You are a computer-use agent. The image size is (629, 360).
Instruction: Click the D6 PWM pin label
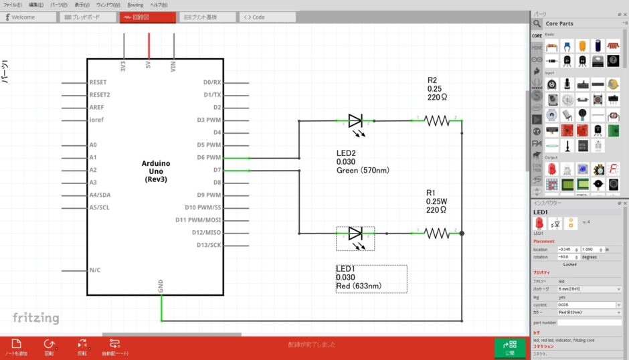(209, 158)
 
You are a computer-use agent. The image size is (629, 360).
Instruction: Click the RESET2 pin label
(100, 95)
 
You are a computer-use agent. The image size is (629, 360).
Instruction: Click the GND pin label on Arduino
(161, 286)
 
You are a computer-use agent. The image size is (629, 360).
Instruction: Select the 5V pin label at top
(148, 67)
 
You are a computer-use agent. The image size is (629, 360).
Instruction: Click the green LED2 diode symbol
(355, 121)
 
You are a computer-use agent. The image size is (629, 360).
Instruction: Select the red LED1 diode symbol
(355, 234)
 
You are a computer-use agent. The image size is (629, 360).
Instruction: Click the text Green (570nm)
(363, 171)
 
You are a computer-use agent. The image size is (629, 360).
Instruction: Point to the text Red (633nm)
(359, 286)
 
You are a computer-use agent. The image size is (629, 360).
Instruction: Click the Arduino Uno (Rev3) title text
(156, 171)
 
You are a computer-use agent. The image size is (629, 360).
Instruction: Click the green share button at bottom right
(510, 347)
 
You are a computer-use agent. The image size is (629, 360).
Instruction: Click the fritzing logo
(35, 319)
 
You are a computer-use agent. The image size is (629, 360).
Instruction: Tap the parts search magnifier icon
(537, 23)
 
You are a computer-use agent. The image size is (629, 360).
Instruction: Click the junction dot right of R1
(462, 234)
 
